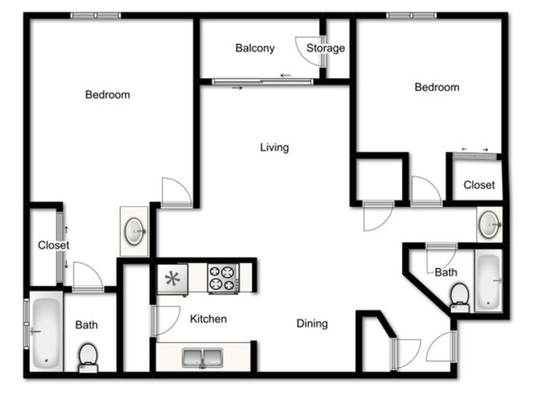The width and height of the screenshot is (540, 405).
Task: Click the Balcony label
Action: [x=255, y=48]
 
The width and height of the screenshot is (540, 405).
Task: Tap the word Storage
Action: [x=325, y=48]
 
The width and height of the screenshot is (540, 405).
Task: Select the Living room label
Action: [x=275, y=148]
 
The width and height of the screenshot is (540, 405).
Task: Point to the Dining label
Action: [x=312, y=323]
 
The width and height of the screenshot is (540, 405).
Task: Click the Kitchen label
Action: [x=209, y=319]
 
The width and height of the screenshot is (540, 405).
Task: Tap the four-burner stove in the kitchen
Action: [x=223, y=278]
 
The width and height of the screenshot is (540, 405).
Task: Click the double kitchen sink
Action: [x=202, y=358]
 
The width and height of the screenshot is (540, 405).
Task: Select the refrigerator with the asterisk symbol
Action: [x=173, y=279]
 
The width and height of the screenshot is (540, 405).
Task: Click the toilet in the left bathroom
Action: [x=88, y=358]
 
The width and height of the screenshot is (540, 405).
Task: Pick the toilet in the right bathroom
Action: [x=460, y=298]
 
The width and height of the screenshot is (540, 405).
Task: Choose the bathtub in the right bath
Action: [x=488, y=281]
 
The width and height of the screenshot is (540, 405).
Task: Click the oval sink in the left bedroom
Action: [x=134, y=232]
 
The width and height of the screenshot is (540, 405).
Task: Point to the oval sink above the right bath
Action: [x=489, y=225]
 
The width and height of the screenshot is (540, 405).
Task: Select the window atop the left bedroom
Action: [x=95, y=16]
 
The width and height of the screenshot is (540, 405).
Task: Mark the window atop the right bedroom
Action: [x=411, y=16]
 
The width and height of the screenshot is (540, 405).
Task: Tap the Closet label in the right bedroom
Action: [x=479, y=185]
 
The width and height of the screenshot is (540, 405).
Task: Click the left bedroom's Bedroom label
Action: [x=107, y=94]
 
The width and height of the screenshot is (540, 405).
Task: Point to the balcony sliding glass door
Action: [x=263, y=82]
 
